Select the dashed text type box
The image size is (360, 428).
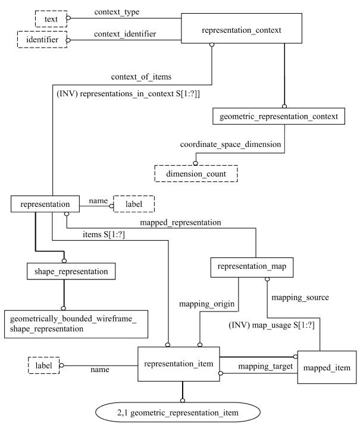click(51, 19)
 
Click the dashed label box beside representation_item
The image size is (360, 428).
click(43, 364)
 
